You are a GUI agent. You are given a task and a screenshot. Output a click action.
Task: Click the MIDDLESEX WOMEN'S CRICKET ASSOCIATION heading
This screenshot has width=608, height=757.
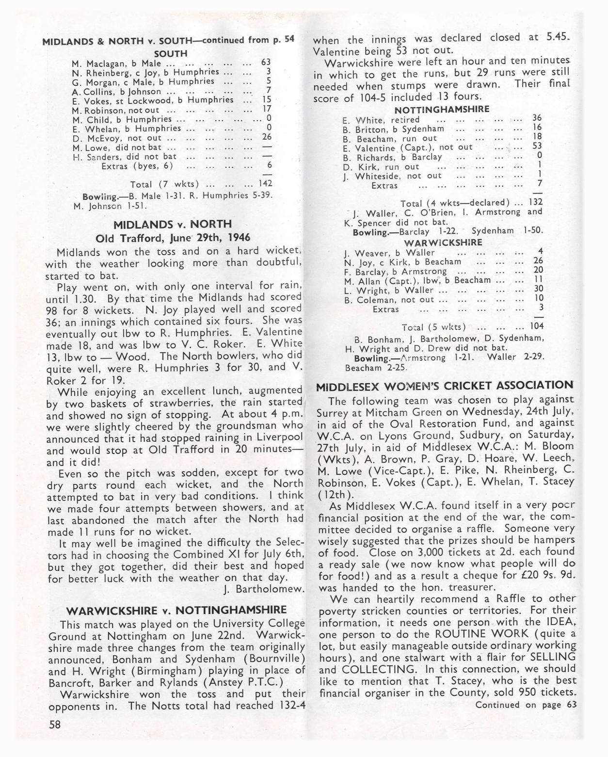pyautogui.click(x=444, y=386)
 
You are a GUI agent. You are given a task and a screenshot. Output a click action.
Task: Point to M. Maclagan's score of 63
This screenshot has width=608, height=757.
pyautogui.click(x=265, y=62)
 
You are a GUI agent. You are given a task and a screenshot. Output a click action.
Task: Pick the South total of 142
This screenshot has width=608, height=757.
pyautogui.click(x=265, y=183)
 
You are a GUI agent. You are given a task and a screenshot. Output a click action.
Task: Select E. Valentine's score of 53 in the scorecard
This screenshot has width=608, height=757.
pyautogui.click(x=537, y=146)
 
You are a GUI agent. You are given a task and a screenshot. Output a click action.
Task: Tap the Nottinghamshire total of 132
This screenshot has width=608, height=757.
pyautogui.click(x=536, y=202)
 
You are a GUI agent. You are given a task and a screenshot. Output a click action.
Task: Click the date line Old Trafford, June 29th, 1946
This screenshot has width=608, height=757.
pyautogui.click(x=173, y=238)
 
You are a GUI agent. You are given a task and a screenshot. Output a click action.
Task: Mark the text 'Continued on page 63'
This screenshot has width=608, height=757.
pyautogui.click(x=526, y=705)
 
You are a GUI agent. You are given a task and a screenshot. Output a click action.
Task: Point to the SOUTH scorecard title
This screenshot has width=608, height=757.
pyautogui.click(x=171, y=53)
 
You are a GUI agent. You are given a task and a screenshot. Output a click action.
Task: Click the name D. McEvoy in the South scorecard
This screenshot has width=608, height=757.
pyautogui.click(x=95, y=138)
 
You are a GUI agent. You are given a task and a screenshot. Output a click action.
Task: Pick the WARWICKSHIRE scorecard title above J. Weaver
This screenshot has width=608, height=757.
pyautogui.click(x=443, y=242)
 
